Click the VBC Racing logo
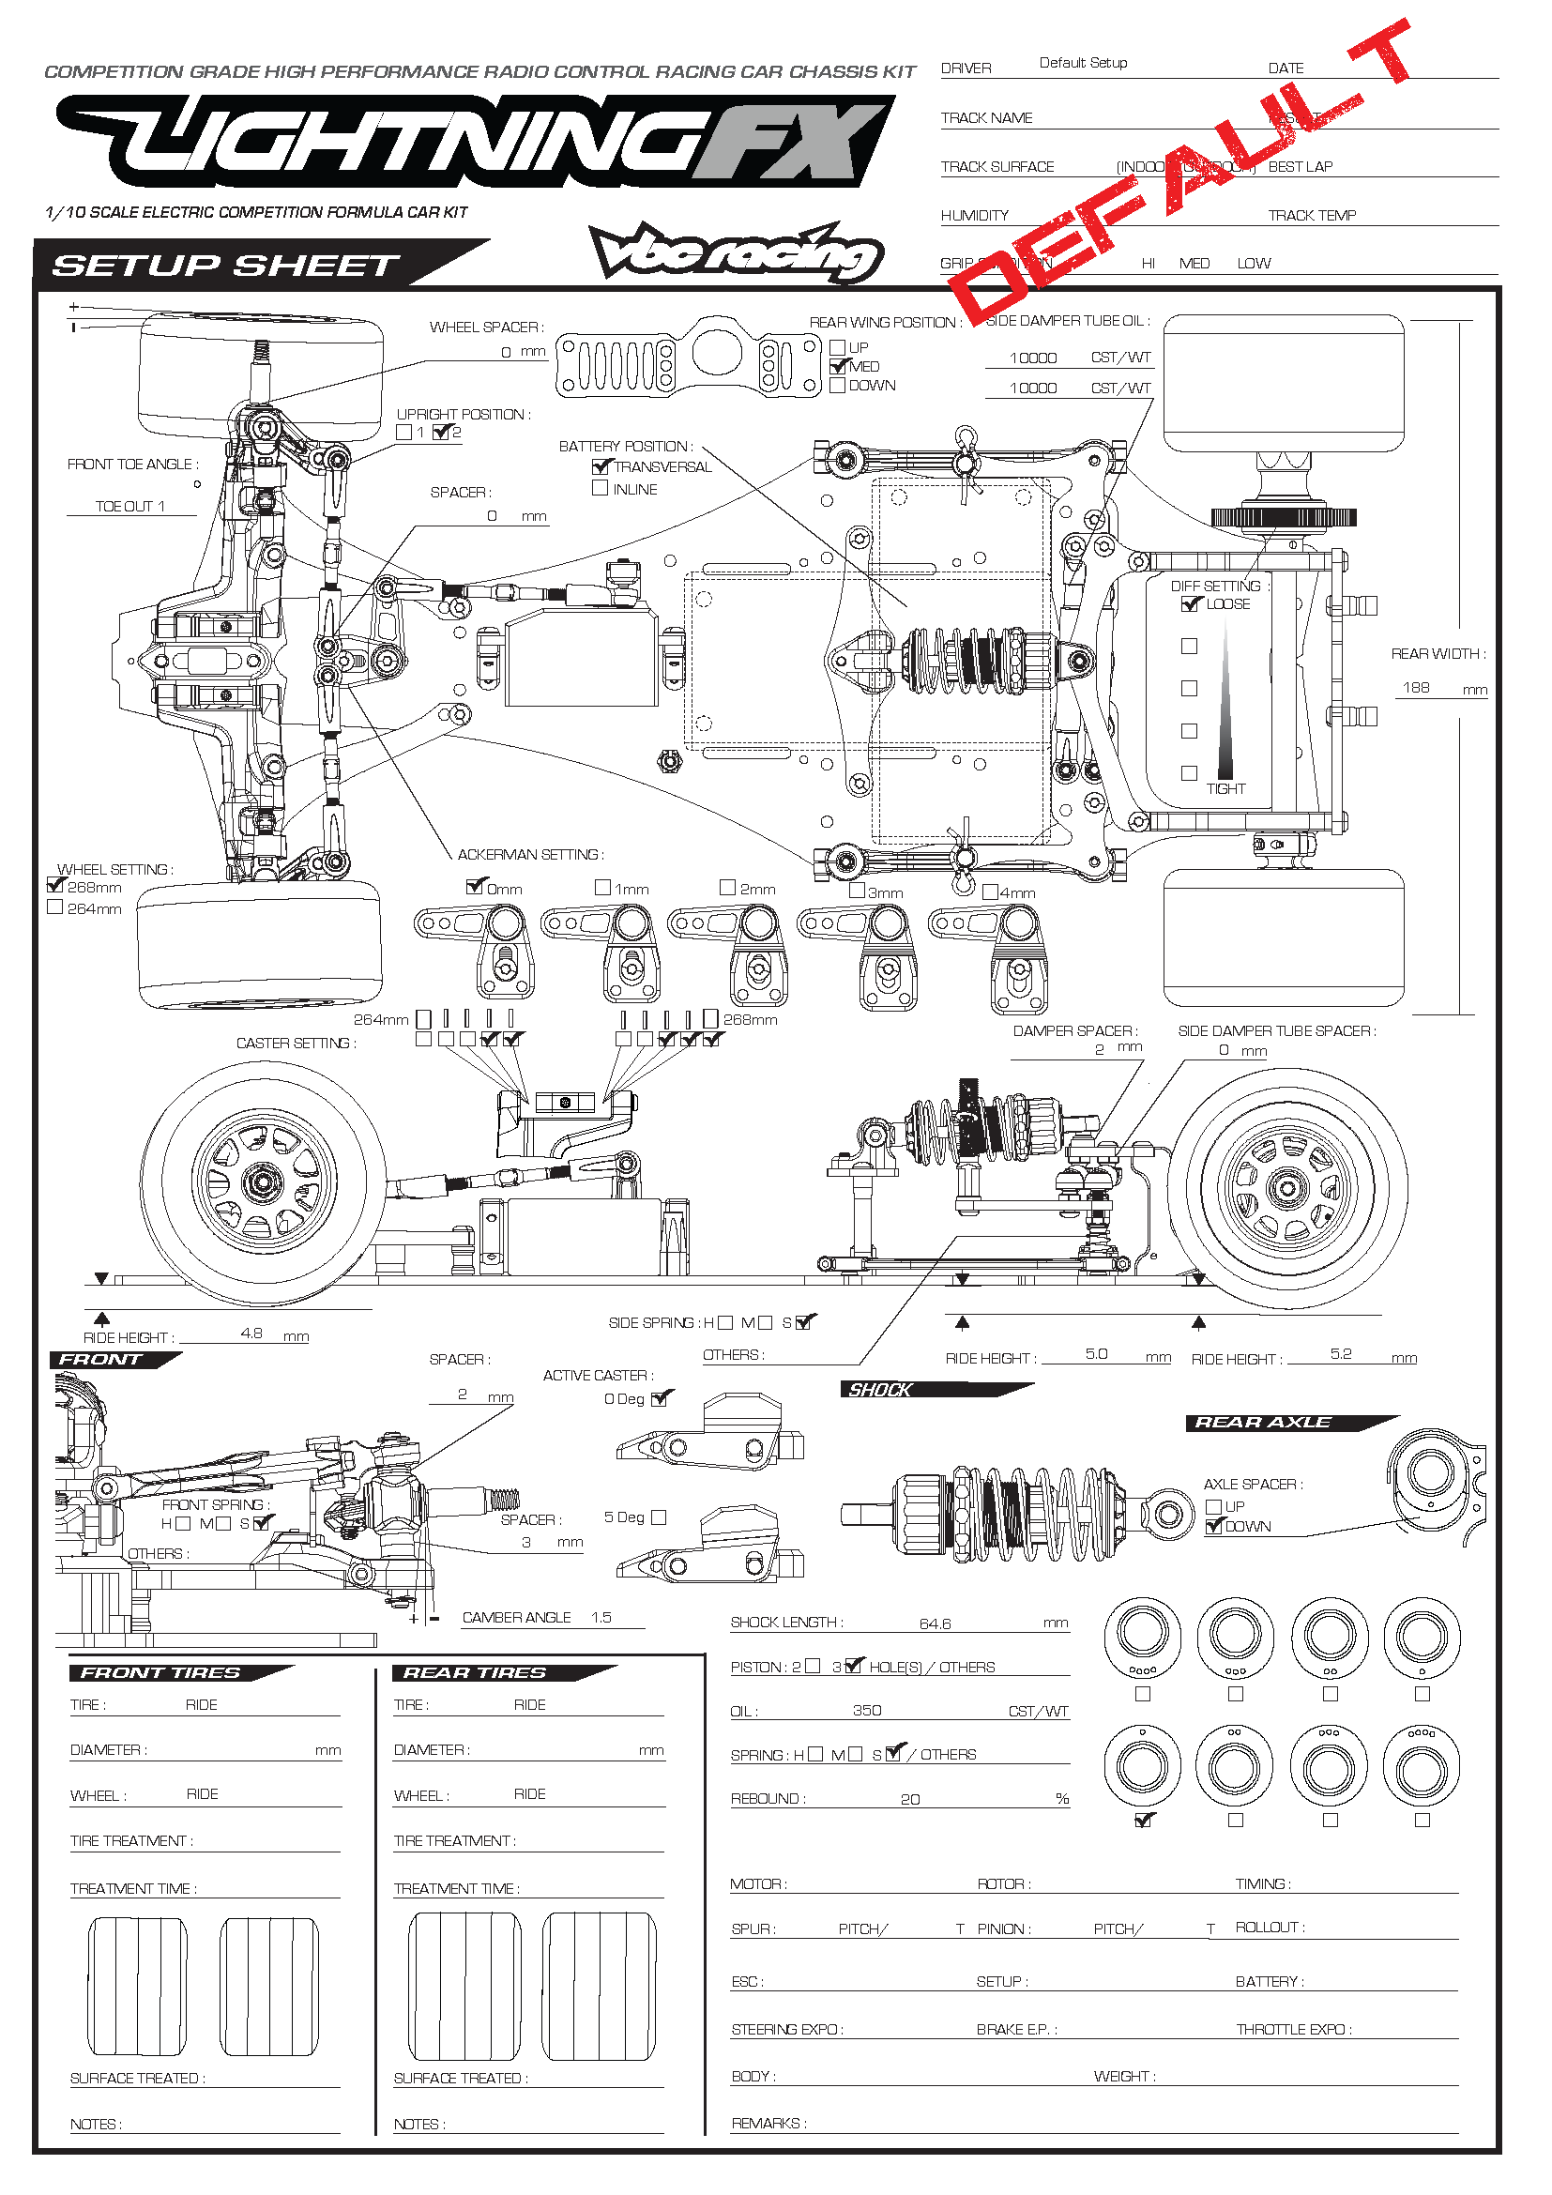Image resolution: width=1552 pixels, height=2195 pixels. [736, 252]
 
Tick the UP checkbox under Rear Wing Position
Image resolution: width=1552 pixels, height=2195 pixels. [838, 347]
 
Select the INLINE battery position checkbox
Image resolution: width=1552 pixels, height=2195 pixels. [601, 488]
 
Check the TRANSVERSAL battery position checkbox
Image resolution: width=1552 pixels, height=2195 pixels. [601, 466]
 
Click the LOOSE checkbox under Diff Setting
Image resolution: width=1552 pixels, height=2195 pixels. [1190, 603]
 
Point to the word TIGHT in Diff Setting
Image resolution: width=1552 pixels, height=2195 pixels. [1226, 788]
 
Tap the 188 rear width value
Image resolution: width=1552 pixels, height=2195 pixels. [1416, 687]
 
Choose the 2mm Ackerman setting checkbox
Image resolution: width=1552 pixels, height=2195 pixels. [727, 887]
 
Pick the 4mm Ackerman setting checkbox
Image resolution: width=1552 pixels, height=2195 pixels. [990, 891]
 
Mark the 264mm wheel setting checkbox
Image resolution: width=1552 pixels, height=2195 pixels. [55, 907]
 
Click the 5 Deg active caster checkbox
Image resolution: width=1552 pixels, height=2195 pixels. [659, 1517]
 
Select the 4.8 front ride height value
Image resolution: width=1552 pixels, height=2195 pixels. [252, 1333]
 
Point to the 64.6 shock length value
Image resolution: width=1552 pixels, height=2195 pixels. [936, 1623]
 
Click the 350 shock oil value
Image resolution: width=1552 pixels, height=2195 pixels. [867, 1711]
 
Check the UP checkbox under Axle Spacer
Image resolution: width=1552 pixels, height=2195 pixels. [1213, 1507]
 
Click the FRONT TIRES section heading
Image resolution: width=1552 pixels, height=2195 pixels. [160, 1673]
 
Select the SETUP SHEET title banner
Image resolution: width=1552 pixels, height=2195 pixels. [225, 265]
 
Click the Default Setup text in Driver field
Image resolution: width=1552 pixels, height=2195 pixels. [1083, 63]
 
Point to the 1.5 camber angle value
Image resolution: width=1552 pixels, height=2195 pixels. [601, 1618]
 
